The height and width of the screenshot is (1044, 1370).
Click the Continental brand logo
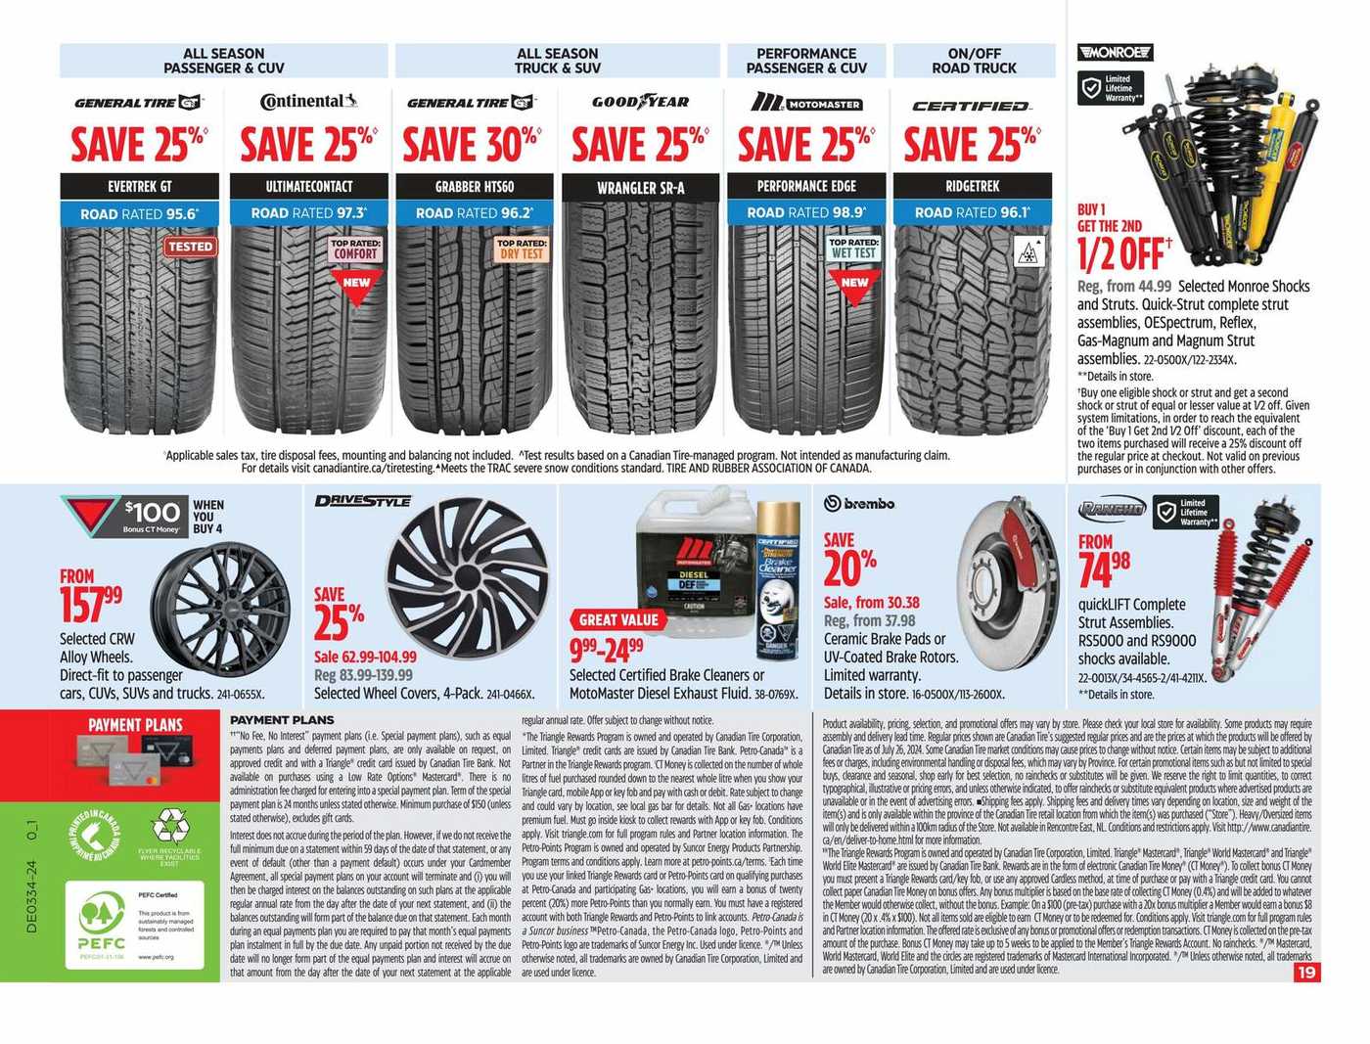pos(308,102)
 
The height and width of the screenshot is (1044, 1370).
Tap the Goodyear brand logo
pos(640,102)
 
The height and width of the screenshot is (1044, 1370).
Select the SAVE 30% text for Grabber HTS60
pos(471,145)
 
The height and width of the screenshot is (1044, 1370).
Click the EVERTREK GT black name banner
pos(139,186)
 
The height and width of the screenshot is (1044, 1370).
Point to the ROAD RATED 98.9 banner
pos(806,212)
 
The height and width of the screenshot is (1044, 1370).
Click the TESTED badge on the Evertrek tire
pos(190,247)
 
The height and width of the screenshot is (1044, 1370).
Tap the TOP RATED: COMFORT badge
pos(355,249)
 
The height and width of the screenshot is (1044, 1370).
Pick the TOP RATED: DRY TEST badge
pos(521,249)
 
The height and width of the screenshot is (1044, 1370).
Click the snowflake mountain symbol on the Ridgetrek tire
pos(1028,253)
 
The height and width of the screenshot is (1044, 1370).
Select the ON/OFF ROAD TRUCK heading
pos(974,61)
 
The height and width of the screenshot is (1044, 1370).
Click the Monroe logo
pos(1115,53)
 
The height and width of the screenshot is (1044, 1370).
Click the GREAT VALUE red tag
pos(618,619)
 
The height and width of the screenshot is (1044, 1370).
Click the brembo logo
pos(859,504)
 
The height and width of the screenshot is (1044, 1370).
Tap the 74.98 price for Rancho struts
pos(1104,570)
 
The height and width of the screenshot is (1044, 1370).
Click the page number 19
pos(1306,973)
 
